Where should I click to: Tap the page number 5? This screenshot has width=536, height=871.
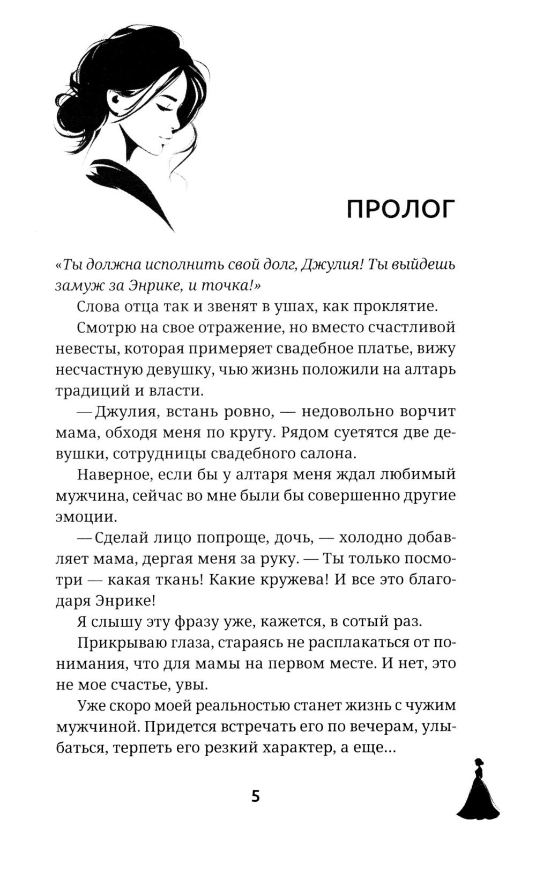pos(256,796)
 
